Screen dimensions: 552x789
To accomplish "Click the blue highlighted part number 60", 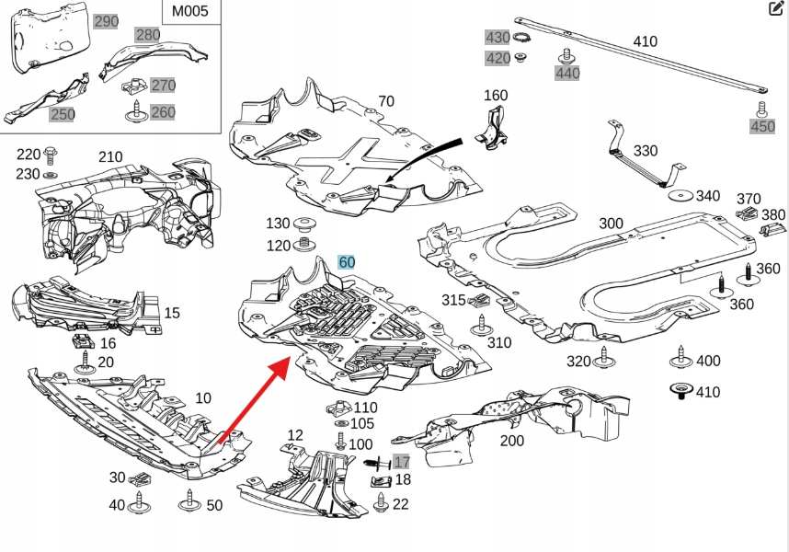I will click(347, 262).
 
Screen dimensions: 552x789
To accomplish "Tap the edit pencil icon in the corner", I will click(775, 9).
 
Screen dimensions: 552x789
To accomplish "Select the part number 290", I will click(107, 21).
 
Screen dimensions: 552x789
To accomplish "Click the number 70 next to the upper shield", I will click(385, 101).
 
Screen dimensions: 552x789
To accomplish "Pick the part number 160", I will click(495, 96).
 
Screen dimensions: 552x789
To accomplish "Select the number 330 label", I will click(646, 150).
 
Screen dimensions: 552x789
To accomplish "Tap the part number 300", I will click(611, 223).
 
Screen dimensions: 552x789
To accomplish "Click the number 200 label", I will click(511, 441).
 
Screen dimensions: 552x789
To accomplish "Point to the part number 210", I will click(110, 156).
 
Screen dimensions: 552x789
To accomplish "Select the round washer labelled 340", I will click(680, 196).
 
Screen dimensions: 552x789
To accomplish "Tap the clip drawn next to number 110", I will click(337, 408).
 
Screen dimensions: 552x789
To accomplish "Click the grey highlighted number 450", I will click(762, 127).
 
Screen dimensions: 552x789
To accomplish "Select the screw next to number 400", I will click(681, 360).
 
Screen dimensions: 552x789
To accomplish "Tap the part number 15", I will click(172, 314).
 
